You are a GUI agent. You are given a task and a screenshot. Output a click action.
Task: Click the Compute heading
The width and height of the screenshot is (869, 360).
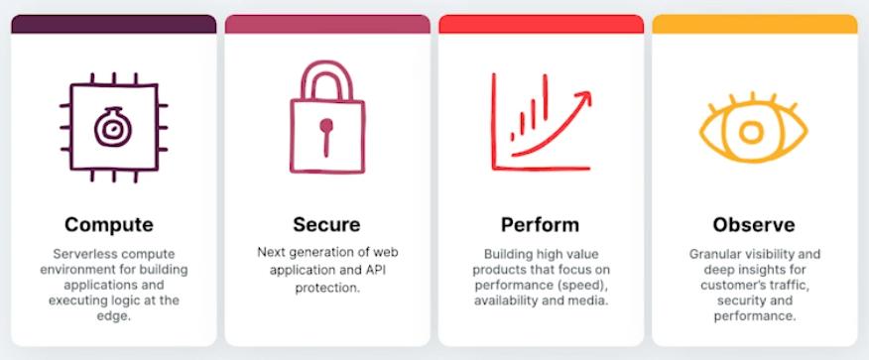pyautogui.click(x=109, y=225)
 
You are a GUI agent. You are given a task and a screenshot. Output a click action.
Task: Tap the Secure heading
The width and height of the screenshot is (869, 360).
pyautogui.click(x=326, y=225)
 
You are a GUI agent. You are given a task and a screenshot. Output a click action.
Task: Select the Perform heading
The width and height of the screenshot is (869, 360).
pyautogui.click(x=541, y=225)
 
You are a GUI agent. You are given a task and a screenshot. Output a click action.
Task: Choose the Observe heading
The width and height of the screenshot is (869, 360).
pyautogui.click(x=754, y=225)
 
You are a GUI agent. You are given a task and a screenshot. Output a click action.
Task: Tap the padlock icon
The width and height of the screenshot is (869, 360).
pyautogui.click(x=327, y=117)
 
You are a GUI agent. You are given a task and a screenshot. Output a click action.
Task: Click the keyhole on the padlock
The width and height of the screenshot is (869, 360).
pyautogui.click(x=326, y=136)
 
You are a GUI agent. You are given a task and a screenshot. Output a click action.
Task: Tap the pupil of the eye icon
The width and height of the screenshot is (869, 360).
pyautogui.click(x=752, y=133)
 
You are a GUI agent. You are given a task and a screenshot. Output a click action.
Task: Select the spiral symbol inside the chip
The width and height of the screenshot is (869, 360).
pyautogui.click(x=112, y=127)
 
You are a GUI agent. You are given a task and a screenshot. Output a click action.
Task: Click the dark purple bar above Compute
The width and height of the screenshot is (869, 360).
pyautogui.click(x=114, y=24)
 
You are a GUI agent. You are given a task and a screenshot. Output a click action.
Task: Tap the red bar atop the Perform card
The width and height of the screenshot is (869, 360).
pyautogui.click(x=541, y=24)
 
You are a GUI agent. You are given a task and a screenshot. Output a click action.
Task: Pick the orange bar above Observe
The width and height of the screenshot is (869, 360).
pyautogui.click(x=755, y=24)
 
